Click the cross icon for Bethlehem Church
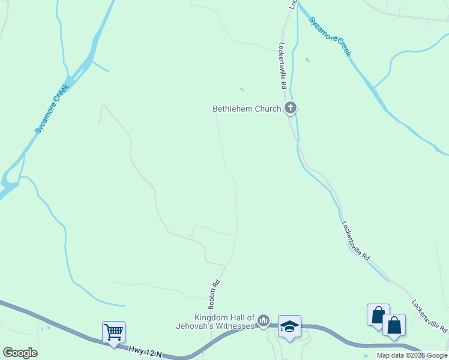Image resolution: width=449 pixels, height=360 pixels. (291, 109)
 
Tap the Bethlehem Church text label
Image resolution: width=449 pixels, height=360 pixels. (247, 109)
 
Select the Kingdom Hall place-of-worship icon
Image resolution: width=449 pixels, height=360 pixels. (263, 322)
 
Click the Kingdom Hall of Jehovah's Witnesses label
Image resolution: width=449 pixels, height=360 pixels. (224, 322)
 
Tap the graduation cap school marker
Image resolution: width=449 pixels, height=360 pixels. (289, 326)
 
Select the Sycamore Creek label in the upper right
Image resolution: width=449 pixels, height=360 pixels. (330, 36)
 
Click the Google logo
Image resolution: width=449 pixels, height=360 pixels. (20, 353)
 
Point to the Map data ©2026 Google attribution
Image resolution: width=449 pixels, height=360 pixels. (412, 355)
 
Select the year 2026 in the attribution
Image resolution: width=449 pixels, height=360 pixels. (415, 355)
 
